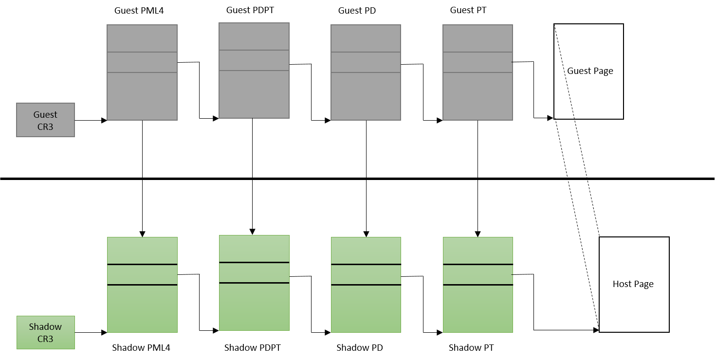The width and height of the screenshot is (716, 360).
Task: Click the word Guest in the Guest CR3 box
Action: point(45,115)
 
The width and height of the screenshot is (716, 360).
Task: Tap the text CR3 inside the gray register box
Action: point(45,126)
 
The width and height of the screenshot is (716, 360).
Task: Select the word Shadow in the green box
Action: point(45,327)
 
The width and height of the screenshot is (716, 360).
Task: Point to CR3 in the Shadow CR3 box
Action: point(45,339)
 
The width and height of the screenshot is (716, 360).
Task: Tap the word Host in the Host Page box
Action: point(622,284)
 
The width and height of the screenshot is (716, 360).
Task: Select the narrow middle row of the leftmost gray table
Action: point(142,62)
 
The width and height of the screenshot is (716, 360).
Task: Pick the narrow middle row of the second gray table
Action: point(254,60)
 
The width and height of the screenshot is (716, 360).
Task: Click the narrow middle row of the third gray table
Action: point(366,62)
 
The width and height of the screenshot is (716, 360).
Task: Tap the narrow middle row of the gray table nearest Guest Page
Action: point(477,62)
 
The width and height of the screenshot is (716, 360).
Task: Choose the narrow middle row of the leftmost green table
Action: point(142,275)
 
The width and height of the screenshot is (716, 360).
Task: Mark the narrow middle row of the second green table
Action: point(254,272)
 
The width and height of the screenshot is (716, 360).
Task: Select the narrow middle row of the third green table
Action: point(366,275)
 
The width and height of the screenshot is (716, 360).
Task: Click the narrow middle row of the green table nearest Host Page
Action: point(477,275)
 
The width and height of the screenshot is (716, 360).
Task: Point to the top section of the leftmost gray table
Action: point(142,38)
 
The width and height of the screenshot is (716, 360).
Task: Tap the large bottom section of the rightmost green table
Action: point(477,308)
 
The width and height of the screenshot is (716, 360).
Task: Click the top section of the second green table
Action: point(254,249)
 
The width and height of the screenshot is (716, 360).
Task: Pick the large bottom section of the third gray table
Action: point(366,96)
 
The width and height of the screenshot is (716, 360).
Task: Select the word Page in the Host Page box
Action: point(643,284)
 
